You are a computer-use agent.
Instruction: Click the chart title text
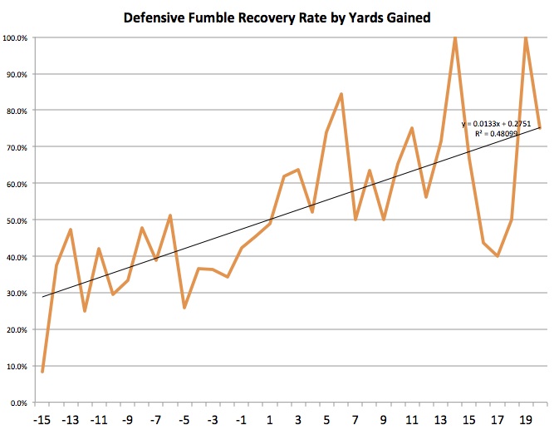pos(277,17)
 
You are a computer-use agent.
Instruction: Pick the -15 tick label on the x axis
pos(42,418)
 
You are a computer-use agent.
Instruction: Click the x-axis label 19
pos(525,418)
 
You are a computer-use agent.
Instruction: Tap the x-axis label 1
pos(269,418)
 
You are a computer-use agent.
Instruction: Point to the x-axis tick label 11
pos(411,418)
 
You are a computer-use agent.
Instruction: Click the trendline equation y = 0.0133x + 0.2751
pos(496,124)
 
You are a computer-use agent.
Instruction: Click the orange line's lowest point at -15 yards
pos(42,371)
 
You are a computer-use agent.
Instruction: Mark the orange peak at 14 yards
pos(454,37)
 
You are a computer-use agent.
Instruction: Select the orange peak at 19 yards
pos(526,37)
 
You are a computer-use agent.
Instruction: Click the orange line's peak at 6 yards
pos(341,94)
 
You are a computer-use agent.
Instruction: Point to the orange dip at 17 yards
pos(497,256)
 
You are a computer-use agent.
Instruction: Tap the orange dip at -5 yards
pos(184,308)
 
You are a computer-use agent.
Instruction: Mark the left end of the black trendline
pos(42,297)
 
